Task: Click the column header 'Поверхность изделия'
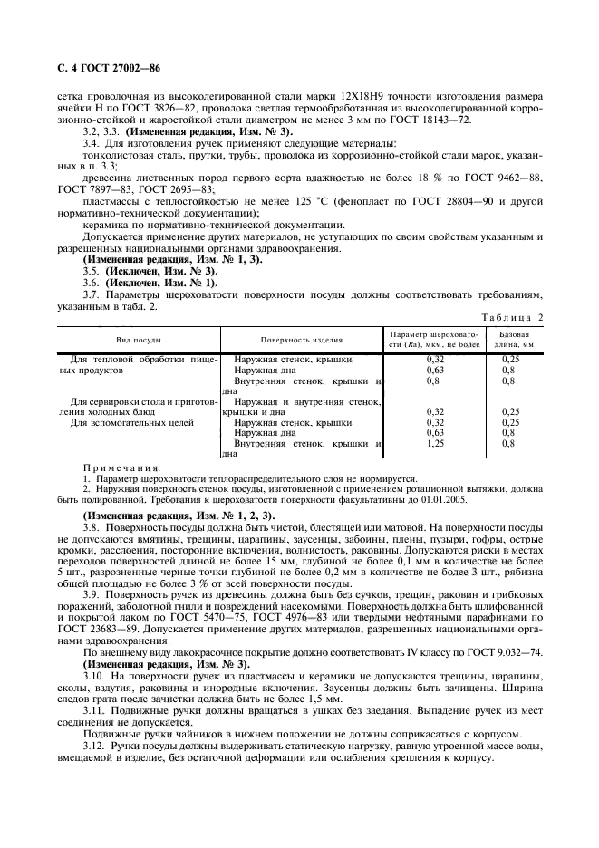[x=302, y=340]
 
